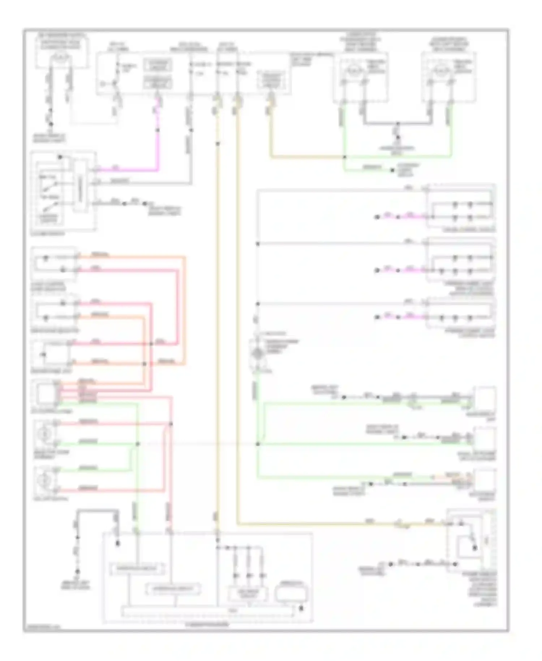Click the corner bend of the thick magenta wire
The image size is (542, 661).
(158, 169)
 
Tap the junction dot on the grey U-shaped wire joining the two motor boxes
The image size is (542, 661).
(397, 124)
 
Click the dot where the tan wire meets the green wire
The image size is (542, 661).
(344, 157)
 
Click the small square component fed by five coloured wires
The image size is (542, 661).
(47, 393)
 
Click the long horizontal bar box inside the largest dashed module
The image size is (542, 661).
(208, 611)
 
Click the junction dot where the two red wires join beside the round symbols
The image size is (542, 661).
(171, 424)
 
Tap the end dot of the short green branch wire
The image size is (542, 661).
(392, 170)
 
